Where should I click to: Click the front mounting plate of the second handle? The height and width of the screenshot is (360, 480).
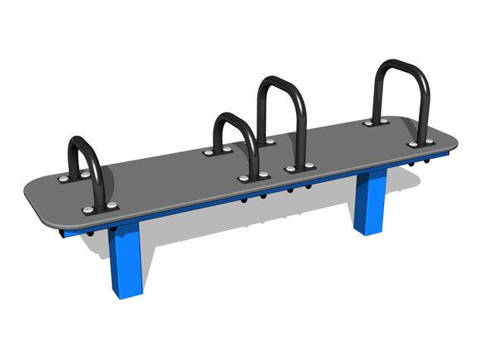(x=255, y=177)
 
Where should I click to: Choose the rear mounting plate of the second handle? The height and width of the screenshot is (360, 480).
(x=219, y=151)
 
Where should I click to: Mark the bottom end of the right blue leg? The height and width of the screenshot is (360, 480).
(x=365, y=231)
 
